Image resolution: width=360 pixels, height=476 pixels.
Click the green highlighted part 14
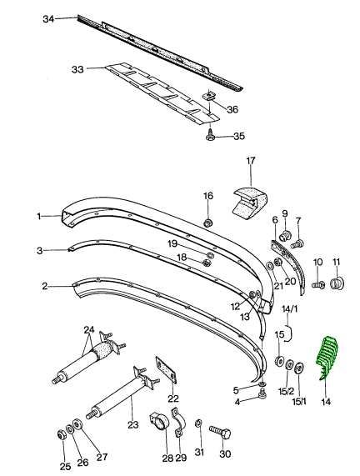click(327, 357)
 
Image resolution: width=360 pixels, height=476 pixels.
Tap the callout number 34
click(48, 19)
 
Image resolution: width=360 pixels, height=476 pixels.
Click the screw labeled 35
click(210, 134)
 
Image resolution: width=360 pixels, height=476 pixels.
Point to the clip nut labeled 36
click(208, 96)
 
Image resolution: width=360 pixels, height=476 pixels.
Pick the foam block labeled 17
click(250, 202)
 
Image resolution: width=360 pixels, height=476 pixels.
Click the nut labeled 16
click(208, 223)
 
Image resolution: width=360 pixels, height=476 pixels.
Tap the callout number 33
click(77, 69)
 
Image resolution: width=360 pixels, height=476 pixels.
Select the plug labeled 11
click(337, 283)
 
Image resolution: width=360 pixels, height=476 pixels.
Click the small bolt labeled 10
click(318, 284)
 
